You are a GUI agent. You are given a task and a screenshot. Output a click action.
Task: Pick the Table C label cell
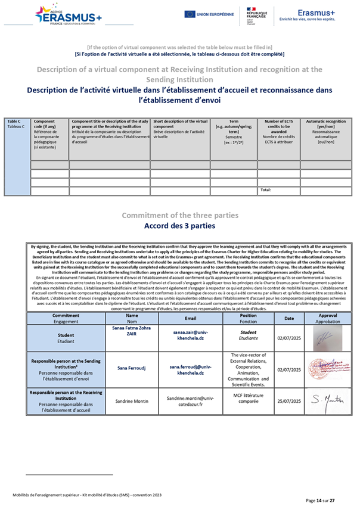[17, 123]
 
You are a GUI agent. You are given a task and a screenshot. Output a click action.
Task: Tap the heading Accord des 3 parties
[179, 226]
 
